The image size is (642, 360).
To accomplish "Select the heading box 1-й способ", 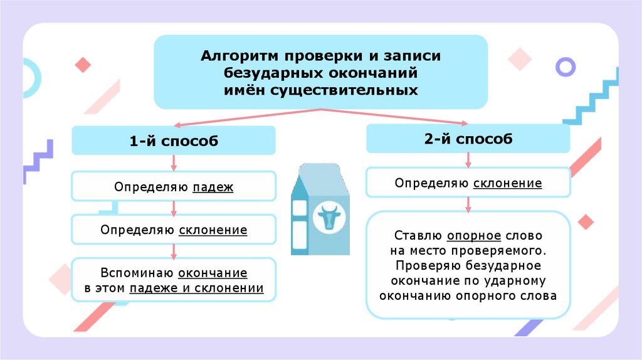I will coord(174,140).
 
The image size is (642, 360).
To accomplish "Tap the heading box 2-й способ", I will coord(468,139).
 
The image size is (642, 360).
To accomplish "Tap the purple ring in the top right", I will coord(566,66).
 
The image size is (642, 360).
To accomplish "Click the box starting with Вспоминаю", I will coord(174,280).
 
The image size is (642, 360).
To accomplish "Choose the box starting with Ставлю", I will coord(468,265).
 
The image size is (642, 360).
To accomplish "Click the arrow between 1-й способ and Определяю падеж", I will coord(174,163).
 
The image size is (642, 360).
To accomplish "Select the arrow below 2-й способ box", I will coord(468,160).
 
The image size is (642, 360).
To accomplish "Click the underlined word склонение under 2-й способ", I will coord(507,183).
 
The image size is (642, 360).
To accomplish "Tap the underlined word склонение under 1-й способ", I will coord(213,230).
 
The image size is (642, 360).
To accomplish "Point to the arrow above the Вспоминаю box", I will coord(174,251).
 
